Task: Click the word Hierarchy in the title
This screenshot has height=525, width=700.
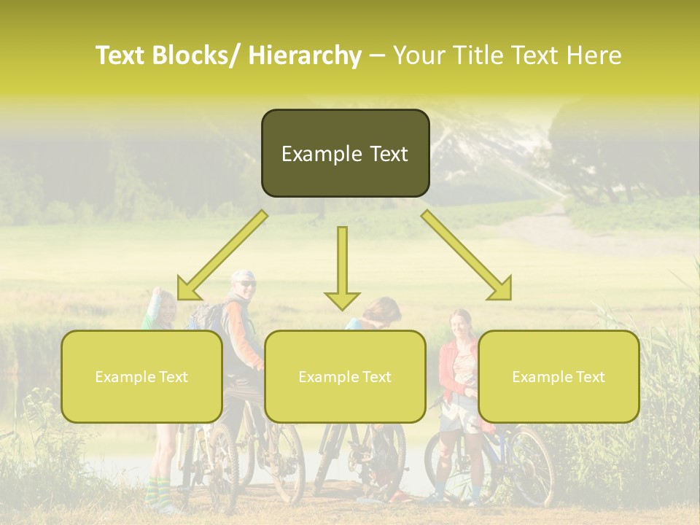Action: coord(304,55)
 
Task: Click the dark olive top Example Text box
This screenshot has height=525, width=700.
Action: coord(345,154)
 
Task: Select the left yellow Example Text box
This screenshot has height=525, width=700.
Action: coord(141,377)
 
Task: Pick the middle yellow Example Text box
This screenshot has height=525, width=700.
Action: coord(345,377)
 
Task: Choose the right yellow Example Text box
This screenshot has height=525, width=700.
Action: coord(559,377)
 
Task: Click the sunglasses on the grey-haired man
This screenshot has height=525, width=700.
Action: coord(246,284)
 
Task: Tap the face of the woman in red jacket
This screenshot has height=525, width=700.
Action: coord(460,323)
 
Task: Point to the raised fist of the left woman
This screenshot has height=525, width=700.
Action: coord(155,292)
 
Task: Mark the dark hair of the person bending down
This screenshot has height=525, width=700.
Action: coord(382,309)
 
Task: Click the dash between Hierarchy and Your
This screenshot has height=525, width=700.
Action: coord(377,56)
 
